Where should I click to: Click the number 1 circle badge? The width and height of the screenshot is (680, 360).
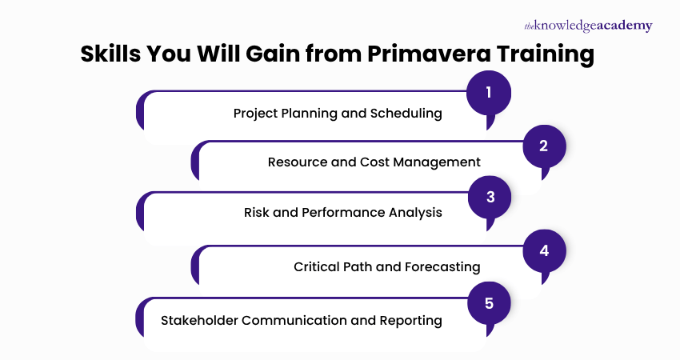[x=488, y=94]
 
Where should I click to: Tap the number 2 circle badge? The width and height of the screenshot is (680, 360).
[x=544, y=146]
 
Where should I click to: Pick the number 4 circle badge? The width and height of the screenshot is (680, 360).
[x=544, y=250]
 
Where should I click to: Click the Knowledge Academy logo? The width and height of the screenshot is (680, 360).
[x=588, y=26]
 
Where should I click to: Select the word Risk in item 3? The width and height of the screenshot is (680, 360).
[x=258, y=213]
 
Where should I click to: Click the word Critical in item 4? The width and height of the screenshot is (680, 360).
[x=318, y=267]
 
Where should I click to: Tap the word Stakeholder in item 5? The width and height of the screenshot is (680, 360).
[x=200, y=321]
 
